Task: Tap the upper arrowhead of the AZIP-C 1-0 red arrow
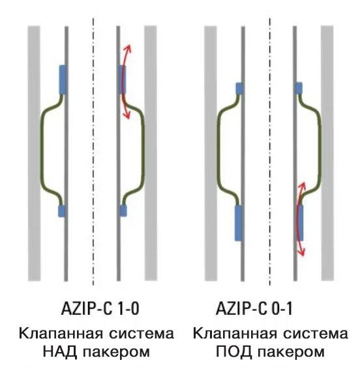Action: (x=128, y=48)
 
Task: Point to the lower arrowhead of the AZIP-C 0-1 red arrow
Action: (x=301, y=252)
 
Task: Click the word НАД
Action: (x=60, y=352)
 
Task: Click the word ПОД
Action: (x=233, y=351)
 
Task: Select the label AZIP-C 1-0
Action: (x=100, y=308)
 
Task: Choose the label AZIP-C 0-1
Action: (x=254, y=308)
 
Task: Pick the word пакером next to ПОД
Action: (x=291, y=352)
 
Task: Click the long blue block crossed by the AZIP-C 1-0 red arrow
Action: (x=123, y=80)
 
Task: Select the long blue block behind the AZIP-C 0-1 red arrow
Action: (x=299, y=222)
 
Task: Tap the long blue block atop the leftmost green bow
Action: (x=63, y=80)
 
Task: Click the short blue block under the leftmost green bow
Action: (x=61, y=211)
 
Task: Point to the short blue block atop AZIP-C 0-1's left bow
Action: (x=239, y=88)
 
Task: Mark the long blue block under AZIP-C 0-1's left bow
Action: (x=239, y=223)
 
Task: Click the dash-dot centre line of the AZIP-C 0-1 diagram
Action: (x=270, y=152)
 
